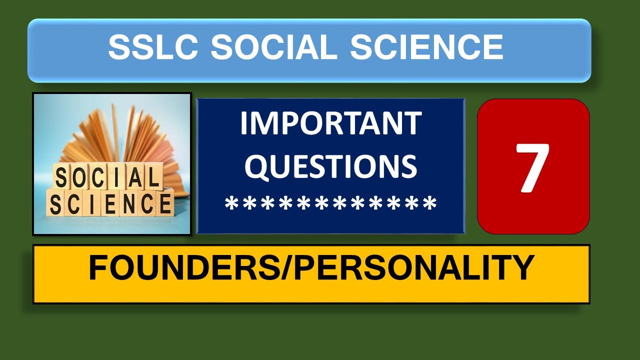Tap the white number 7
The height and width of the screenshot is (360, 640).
click(533, 167)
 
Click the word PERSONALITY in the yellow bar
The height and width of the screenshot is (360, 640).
click(414, 268)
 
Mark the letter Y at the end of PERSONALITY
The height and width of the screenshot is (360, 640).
click(522, 268)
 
